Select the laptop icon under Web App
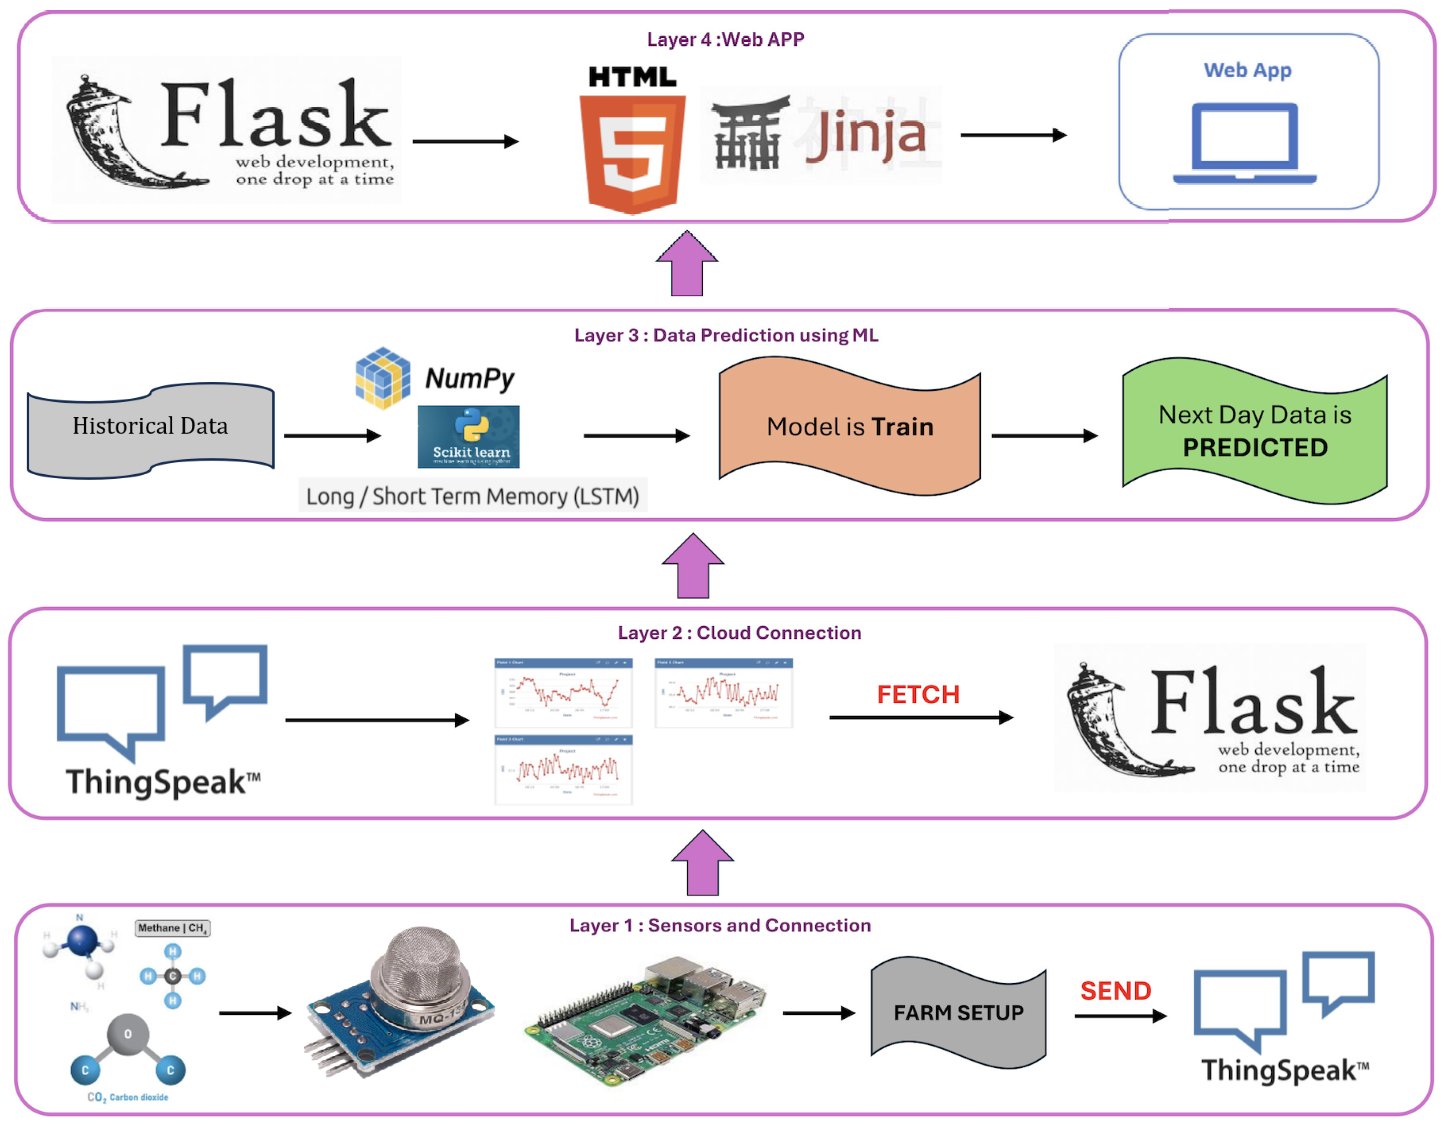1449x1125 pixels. pyautogui.click(x=1244, y=142)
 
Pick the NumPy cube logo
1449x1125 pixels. pyautogui.click(x=383, y=378)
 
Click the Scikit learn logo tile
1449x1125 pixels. pyautogui.click(x=468, y=437)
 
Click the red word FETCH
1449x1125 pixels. pyautogui.click(x=918, y=695)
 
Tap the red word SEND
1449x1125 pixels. pyautogui.click(x=1116, y=991)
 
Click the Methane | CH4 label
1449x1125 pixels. pyautogui.click(x=172, y=928)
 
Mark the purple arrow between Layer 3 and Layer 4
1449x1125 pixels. pyautogui.click(x=687, y=264)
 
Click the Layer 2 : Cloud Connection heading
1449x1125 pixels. pyautogui.click(x=739, y=633)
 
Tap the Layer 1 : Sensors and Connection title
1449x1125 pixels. pyautogui.click(x=720, y=925)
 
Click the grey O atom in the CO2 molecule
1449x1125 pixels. pyautogui.click(x=128, y=1034)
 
